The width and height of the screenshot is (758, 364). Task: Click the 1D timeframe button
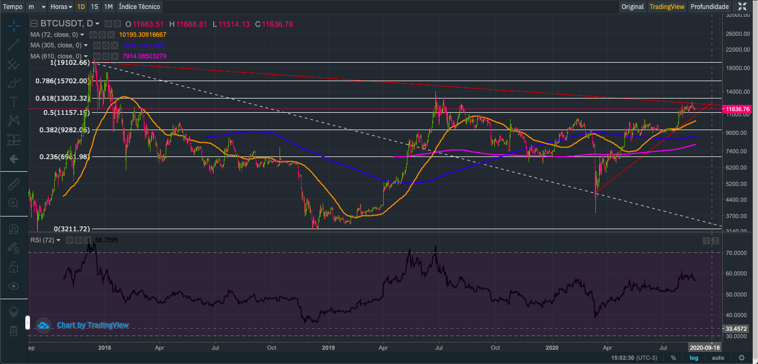coord(81,7)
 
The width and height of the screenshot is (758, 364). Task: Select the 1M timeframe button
coord(108,7)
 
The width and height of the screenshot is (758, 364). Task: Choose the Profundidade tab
coord(710,7)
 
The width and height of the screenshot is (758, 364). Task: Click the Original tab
coord(632,7)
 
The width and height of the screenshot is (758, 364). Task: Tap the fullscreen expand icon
coord(742,7)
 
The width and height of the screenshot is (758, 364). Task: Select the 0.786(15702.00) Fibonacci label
coord(62,81)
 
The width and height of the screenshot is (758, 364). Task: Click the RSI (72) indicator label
coord(43,240)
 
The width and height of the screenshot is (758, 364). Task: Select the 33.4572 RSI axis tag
coord(736,328)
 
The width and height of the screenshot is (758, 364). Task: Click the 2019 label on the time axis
coord(328,348)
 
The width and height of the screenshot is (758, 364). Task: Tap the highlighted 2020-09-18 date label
coord(704,348)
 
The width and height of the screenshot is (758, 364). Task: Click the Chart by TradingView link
coord(93,325)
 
